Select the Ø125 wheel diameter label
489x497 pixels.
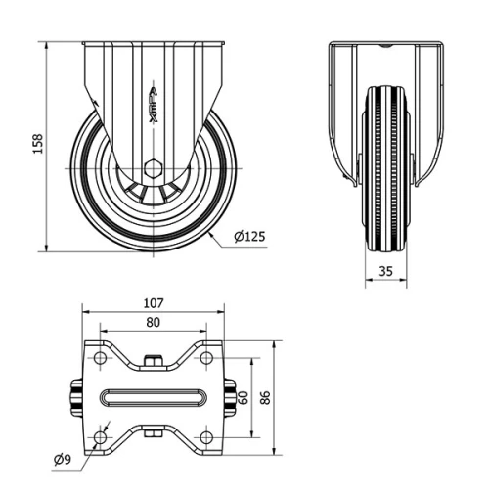(250, 236)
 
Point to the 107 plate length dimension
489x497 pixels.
(153, 304)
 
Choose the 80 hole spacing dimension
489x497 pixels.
(153, 322)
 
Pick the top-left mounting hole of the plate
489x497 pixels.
(100, 359)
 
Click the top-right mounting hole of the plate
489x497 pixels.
(205, 359)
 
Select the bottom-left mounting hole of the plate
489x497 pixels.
(100, 436)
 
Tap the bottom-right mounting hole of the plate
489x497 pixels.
(205, 436)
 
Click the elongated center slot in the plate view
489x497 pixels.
(153, 397)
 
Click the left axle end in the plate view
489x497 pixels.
(75, 397)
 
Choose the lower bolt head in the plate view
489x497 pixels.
(153, 432)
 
